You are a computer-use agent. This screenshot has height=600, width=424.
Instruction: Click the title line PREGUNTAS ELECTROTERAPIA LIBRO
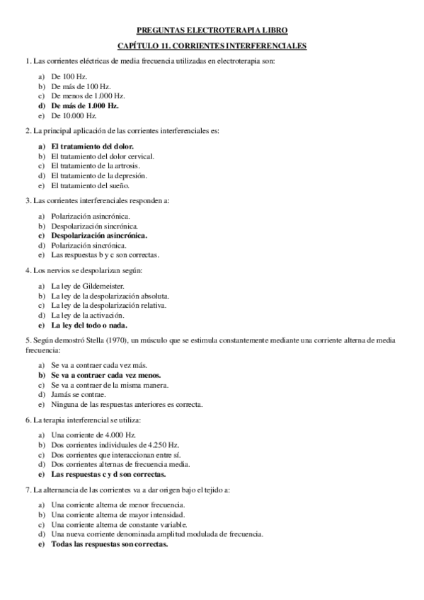pyautogui.click(x=212, y=31)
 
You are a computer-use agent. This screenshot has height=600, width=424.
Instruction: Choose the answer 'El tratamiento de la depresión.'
pyautogui.click(x=99, y=175)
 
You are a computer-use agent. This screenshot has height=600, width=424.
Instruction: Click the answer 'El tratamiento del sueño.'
pyautogui.click(x=90, y=185)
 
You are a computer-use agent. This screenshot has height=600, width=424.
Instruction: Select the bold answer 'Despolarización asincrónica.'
pyautogui.click(x=103, y=235)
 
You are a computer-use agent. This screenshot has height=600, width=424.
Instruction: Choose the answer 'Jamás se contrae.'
pyautogui.click(x=79, y=395)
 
